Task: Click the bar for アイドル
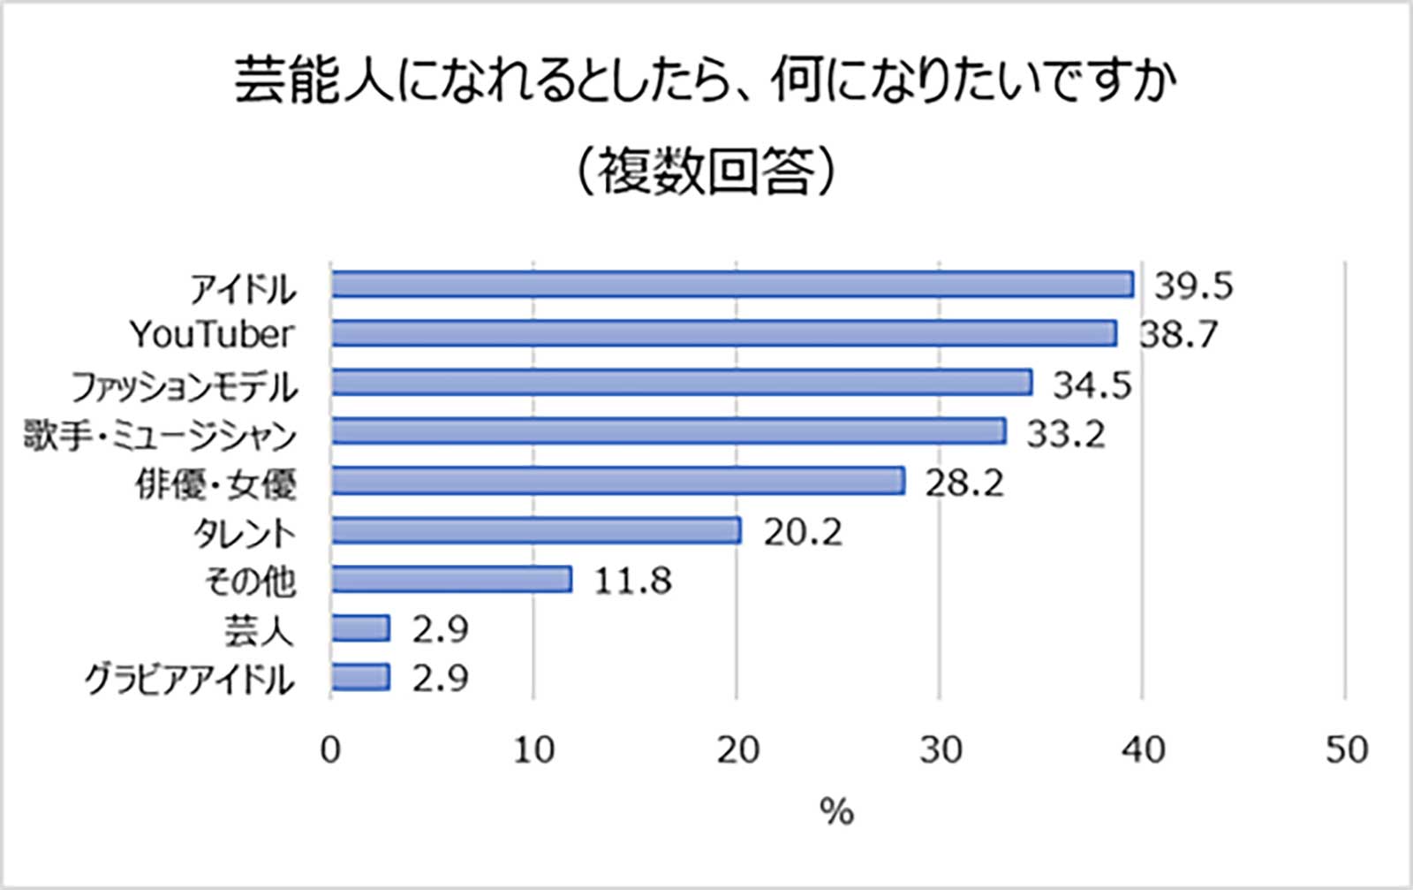(x=732, y=285)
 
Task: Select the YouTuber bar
(x=724, y=333)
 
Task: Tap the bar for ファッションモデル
(x=682, y=383)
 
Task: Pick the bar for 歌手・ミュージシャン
(x=669, y=431)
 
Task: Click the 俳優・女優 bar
(x=618, y=481)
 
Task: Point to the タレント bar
(x=536, y=530)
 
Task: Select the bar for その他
(x=451, y=579)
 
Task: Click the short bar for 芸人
(x=360, y=628)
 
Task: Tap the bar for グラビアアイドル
(x=360, y=677)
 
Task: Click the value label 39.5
(x=1194, y=285)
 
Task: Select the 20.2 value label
(x=802, y=531)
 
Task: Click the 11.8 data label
(x=632, y=581)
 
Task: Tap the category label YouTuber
(x=212, y=334)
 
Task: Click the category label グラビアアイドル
(x=189, y=679)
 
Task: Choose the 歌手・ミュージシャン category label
(x=160, y=434)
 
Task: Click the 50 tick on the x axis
(x=1346, y=749)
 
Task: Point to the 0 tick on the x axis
(x=330, y=749)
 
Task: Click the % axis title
(x=836, y=810)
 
